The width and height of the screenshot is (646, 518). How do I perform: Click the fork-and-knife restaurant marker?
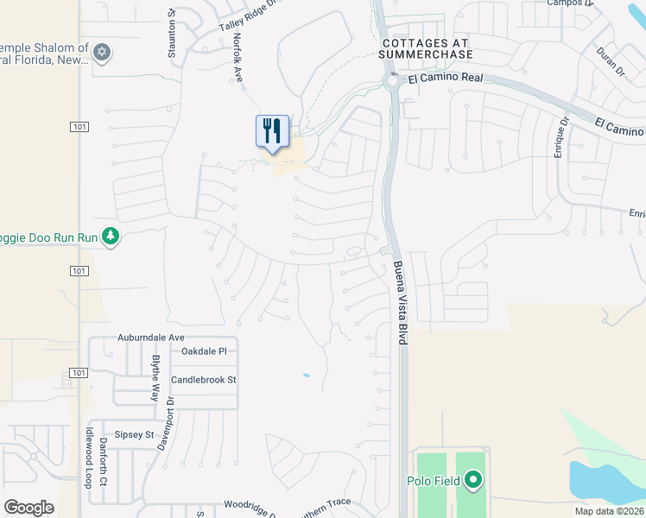272,132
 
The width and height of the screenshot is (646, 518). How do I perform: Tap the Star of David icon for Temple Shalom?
102,54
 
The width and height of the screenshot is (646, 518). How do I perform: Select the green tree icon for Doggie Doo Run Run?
110,236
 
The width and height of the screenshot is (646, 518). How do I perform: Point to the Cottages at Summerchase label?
427,48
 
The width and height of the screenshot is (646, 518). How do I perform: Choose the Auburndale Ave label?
151,337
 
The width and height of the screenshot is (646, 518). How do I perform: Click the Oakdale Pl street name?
203,351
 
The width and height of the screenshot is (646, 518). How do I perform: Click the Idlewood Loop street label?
88,458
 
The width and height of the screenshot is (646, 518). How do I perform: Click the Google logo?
28,508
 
